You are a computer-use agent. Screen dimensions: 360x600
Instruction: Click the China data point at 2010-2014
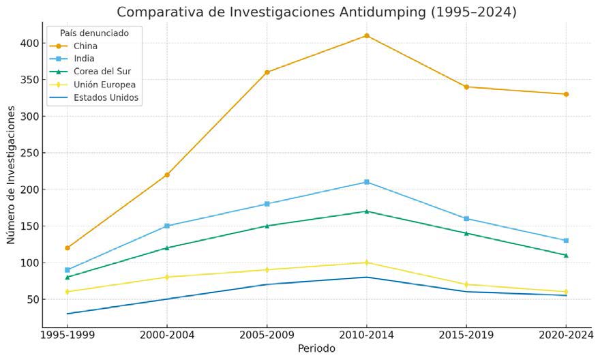pos(366,35)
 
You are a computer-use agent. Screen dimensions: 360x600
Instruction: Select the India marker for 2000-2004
pos(167,226)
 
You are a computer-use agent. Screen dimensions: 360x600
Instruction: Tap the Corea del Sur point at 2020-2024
pos(566,255)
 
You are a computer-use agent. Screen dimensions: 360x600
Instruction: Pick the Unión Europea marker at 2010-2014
pos(366,262)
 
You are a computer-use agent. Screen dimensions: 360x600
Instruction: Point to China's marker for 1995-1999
pos(67,247)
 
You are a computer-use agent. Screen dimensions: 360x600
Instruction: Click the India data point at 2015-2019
pos(466,218)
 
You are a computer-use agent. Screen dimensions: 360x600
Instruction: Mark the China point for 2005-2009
pos(267,72)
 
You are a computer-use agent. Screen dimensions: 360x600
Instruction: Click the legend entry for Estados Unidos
pos(106,97)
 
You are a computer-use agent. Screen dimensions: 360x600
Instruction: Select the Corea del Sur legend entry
pos(102,72)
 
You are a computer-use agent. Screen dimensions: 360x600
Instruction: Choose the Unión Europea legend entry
pos(104,85)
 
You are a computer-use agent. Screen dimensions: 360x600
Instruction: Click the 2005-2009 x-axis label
pos(267,335)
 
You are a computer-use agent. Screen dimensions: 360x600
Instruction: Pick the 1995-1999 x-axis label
pos(67,335)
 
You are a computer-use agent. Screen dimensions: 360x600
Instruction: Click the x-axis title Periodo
pos(316,348)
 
